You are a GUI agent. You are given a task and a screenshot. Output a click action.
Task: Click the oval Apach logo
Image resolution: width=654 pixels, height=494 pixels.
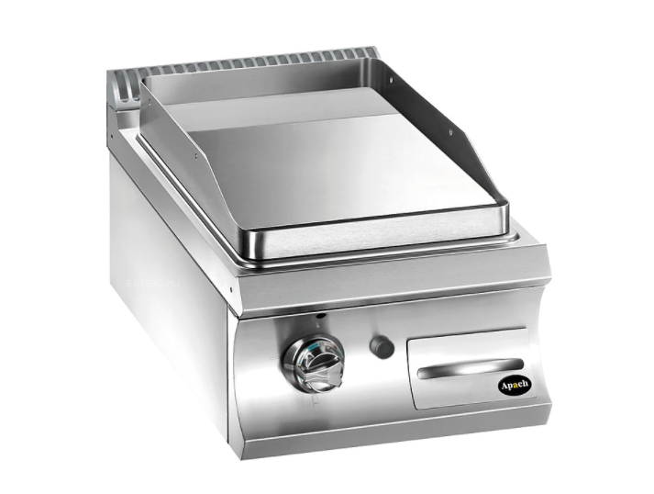pos(515,385)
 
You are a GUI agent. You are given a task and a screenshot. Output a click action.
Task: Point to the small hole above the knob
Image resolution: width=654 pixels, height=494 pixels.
pos(319,320)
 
